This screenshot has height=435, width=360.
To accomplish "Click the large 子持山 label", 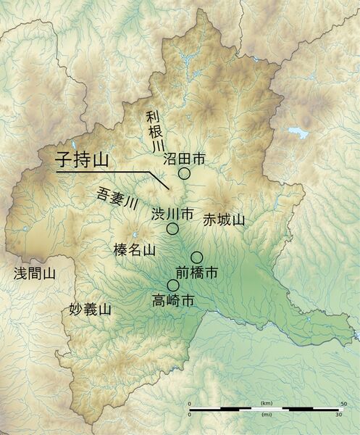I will coord(82,159).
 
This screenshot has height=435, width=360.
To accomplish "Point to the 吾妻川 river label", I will coord(116,198).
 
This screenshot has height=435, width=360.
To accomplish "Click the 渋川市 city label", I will coord(172,214).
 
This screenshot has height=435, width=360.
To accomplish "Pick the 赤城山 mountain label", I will coord(225,219).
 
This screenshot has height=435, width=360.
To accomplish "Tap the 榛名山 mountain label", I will coord(135,250).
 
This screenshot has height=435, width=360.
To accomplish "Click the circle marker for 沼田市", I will coord(184,173).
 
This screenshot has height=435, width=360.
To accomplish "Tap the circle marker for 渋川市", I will coord(172,228).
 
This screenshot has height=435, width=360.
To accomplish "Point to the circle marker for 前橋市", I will coord(196,257).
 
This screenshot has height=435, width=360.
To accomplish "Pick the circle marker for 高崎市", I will coord(172,285).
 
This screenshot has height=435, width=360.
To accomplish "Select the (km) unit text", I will coord(266,402).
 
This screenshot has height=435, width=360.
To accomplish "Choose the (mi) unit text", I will coord(266,415).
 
